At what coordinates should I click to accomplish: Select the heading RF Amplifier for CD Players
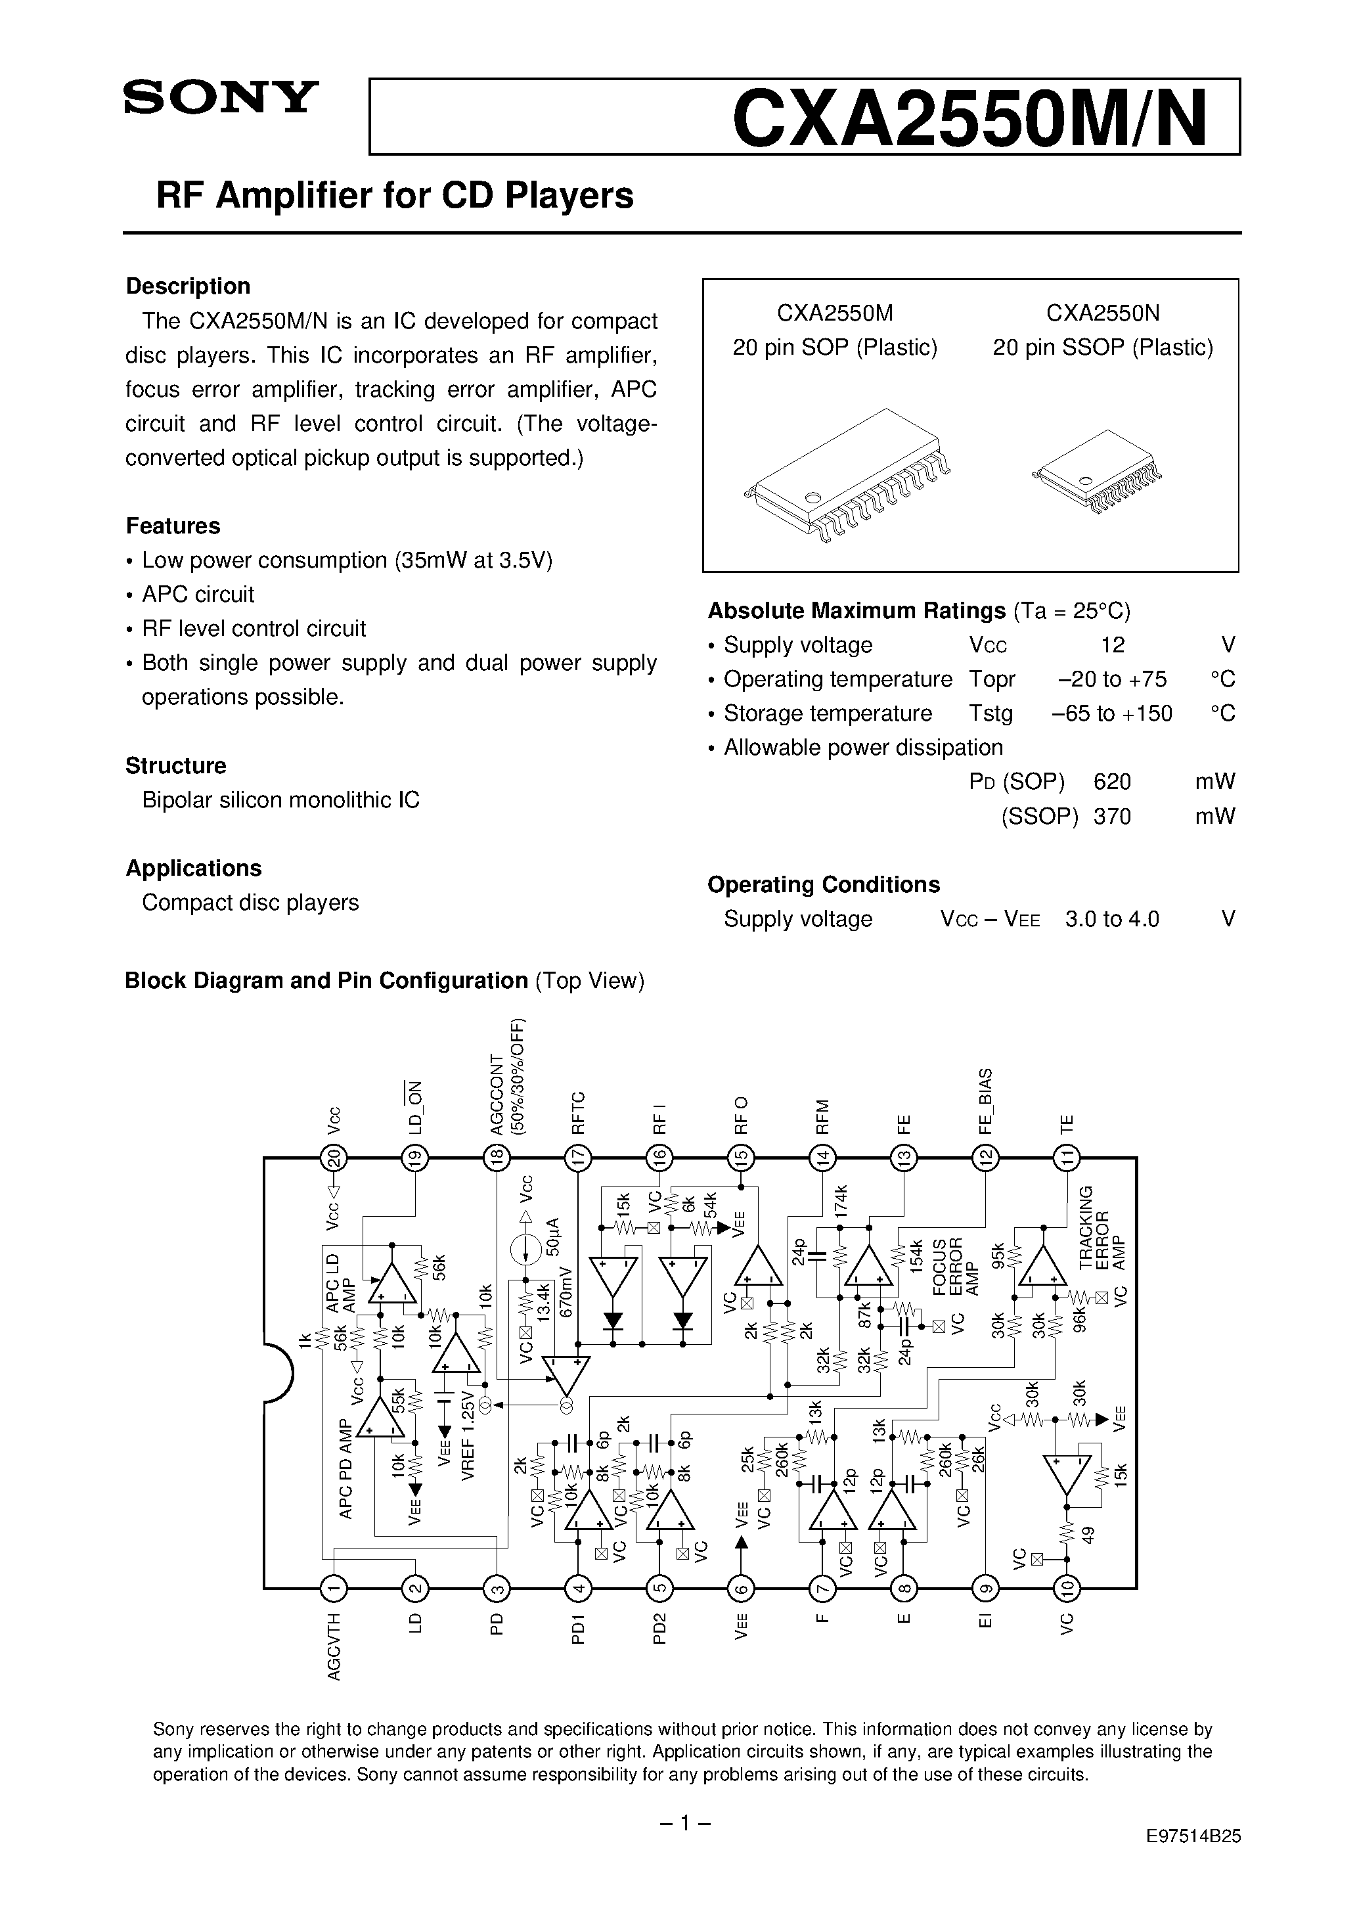[395, 196]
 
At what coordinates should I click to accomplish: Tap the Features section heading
[173, 526]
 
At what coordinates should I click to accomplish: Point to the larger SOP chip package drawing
[847, 474]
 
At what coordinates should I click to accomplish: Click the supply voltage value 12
[1113, 644]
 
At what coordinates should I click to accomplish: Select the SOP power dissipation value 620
[1112, 781]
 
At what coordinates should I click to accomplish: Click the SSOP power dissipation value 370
[1112, 816]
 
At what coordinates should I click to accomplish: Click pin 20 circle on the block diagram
[334, 1158]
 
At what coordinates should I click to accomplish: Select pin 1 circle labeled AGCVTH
[334, 1587]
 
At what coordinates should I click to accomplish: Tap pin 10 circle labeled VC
[1067, 1587]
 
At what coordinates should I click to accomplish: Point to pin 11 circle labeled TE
[1067, 1158]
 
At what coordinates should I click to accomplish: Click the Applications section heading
[193, 868]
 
